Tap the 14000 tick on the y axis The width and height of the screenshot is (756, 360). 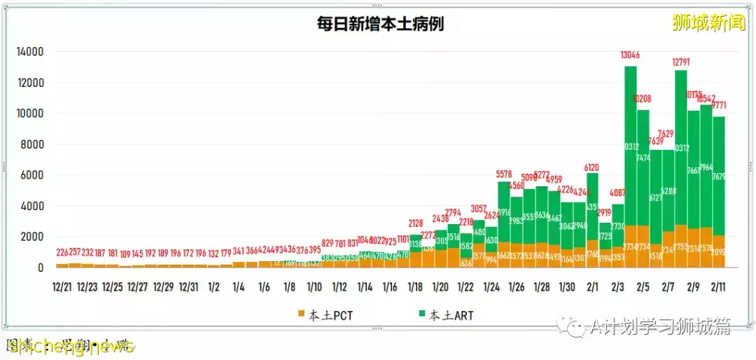coord(30,52)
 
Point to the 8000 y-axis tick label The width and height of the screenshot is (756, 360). coord(33,144)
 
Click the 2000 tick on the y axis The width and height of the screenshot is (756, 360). coord(33,237)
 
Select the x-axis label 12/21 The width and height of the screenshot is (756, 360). coord(62,286)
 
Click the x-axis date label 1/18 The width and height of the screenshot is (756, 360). coord(415,286)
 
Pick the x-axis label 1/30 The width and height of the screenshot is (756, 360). coord(566,286)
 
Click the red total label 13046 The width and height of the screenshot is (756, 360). coord(630,55)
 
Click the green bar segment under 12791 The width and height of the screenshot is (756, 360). coord(681,147)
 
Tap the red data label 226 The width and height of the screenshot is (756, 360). coord(62,253)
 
